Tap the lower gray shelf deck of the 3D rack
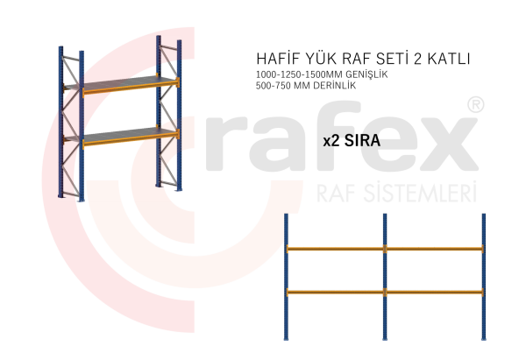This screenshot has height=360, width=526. [x=123, y=132]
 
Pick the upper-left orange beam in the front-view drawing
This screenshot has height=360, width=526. [x=335, y=249]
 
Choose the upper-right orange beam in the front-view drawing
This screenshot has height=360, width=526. [x=434, y=249]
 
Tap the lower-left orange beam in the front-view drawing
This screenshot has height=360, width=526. [x=335, y=292]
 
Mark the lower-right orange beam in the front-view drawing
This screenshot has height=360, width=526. [x=434, y=292]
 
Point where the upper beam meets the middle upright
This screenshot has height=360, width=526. [x=384, y=249]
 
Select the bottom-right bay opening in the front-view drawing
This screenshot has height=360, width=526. [x=434, y=317]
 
